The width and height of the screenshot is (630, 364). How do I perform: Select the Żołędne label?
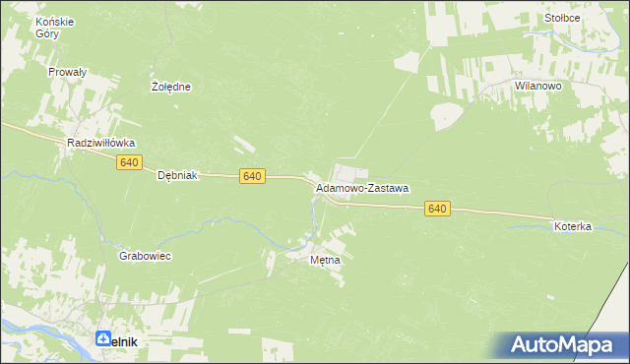click(x=171, y=87)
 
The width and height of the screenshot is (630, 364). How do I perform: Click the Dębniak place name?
click(x=178, y=175)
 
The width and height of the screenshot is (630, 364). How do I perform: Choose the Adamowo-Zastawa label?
click(x=362, y=187)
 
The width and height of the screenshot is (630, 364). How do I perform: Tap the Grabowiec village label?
click(x=146, y=256)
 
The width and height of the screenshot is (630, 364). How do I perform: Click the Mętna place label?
click(x=325, y=261)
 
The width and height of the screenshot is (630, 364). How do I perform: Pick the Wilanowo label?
click(x=537, y=87)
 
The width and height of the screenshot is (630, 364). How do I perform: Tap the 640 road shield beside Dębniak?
click(x=252, y=175)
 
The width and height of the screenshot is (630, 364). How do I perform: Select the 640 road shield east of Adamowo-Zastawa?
click(x=438, y=209)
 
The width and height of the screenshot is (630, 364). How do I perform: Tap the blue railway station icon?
click(x=104, y=339)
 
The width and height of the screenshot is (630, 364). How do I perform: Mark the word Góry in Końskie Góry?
click(x=48, y=33)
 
